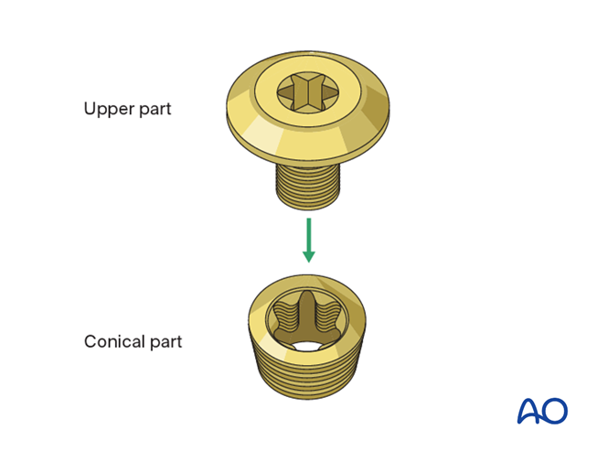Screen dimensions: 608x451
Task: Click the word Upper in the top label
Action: coord(108,109)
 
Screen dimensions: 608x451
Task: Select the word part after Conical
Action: coord(165,343)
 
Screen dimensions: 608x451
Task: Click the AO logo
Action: coord(542,411)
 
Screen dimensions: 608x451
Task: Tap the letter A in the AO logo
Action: coord(529,411)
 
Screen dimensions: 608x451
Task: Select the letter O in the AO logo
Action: coord(555,411)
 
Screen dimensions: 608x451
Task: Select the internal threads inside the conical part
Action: coord(284,321)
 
